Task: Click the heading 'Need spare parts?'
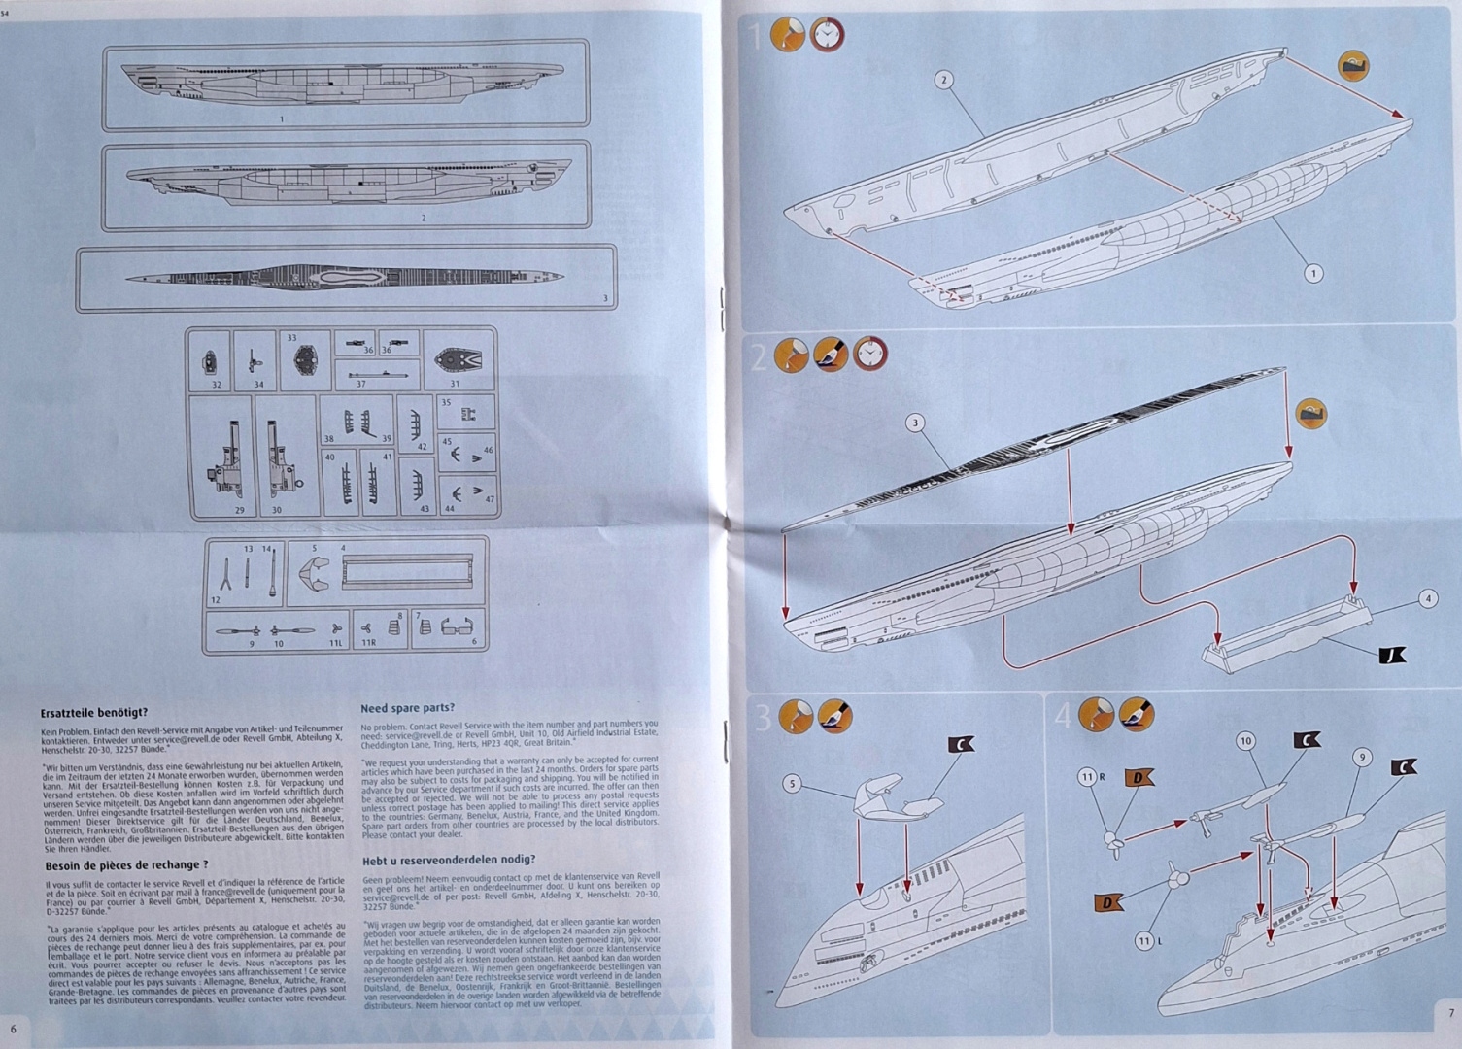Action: point(407,708)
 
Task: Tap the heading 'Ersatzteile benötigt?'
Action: point(94,712)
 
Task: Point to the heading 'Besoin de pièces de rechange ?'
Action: point(126,864)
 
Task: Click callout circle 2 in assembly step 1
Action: point(943,80)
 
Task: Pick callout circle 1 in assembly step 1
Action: point(1313,273)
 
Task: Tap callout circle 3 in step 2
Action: point(914,423)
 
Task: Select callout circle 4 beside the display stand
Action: point(1427,598)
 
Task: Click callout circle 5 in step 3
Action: point(792,784)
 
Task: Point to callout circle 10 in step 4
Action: point(1246,741)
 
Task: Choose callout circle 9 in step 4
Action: point(1362,757)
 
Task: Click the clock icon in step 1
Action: point(827,35)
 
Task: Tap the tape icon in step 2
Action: point(1311,413)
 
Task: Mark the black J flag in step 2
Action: point(1392,657)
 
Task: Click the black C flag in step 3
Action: point(961,745)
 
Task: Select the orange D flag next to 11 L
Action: point(1107,902)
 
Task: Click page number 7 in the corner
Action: point(1450,1012)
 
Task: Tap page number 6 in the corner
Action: point(13,1028)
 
